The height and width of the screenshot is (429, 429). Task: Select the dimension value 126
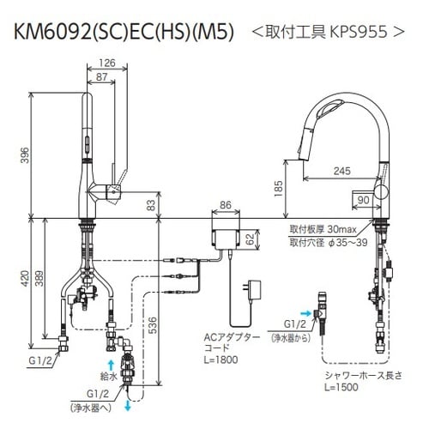[107, 63]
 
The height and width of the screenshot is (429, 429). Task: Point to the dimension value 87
[101, 77]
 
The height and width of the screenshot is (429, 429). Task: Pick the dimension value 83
[151, 204]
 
